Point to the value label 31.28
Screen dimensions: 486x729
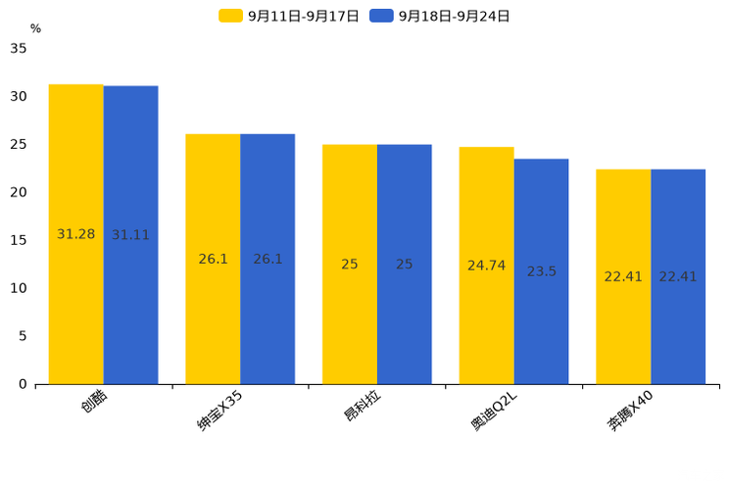pyautogui.click(x=76, y=234)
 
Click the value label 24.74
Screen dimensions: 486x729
pyautogui.click(x=486, y=266)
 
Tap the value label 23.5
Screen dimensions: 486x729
pyautogui.click(x=541, y=271)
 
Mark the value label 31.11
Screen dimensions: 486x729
pyautogui.click(x=130, y=235)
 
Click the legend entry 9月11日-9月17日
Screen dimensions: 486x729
pyautogui.click(x=290, y=16)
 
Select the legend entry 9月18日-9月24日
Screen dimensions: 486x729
pyautogui.click(x=441, y=16)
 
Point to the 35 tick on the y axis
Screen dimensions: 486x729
pyautogui.click(x=19, y=48)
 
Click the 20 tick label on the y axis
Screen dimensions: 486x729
pyautogui.click(x=19, y=192)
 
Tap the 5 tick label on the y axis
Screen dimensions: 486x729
pyautogui.click(x=23, y=336)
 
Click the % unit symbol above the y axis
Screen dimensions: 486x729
pyautogui.click(x=35, y=28)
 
